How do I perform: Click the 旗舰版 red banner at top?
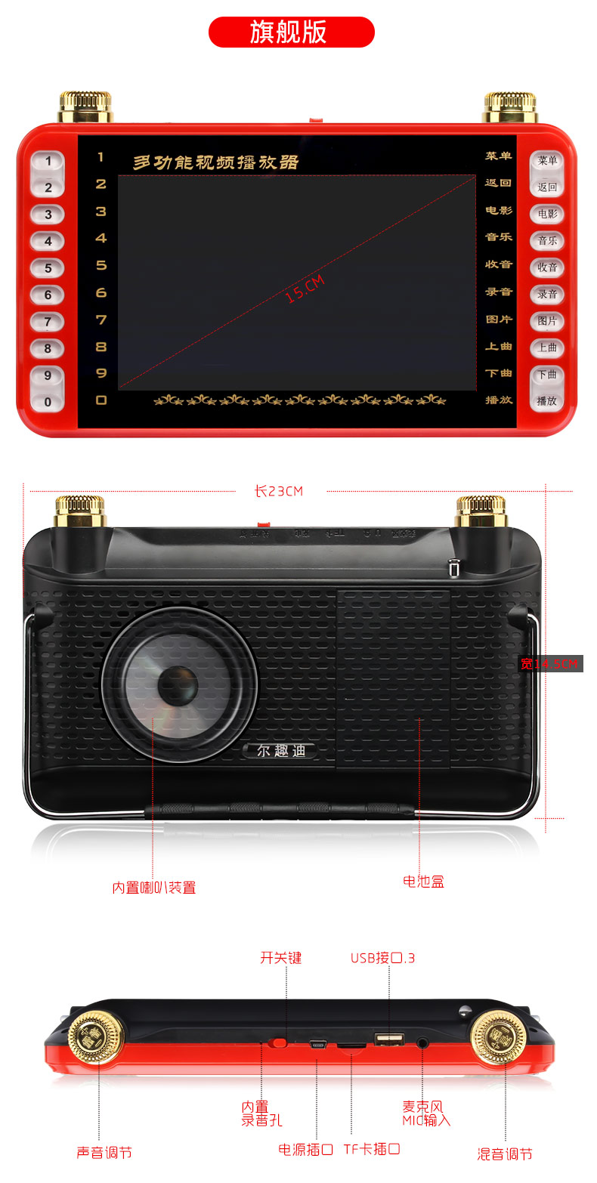[291, 32]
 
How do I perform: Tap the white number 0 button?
[48, 402]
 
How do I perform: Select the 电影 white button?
[546, 214]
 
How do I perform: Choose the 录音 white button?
[546, 294]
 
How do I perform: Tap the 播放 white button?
[546, 401]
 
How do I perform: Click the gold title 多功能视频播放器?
[216, 162]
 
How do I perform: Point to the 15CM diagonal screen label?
[305, 289]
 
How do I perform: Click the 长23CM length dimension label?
[279, 491]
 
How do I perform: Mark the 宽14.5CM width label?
[551, 664]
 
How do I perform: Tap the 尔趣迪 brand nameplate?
[280, 750]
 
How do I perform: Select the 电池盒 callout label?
[423, 881]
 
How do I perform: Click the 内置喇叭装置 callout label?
[154, 888]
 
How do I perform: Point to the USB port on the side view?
[389, 1039]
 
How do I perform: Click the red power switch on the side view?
[280, 1042]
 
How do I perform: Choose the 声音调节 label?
[104, 1152]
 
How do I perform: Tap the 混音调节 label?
[505, 1154]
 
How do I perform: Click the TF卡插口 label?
[372, 1149]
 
